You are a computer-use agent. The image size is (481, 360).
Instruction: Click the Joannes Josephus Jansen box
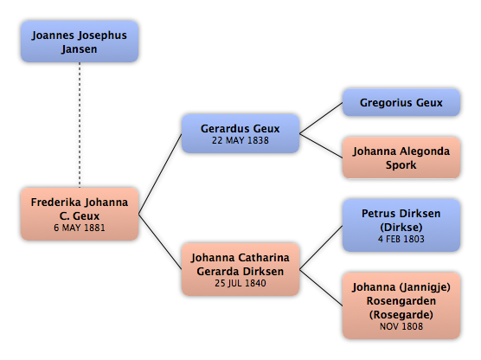click(x=80, y=42)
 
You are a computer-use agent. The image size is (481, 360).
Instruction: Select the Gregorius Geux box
click(x=401, y=102)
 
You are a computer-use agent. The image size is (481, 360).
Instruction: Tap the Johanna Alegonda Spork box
click(x=401, y=157)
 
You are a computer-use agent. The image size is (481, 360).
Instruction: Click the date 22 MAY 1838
click(x=240, y=140)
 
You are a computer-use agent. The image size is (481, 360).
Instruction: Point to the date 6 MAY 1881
click(x=80, y=228)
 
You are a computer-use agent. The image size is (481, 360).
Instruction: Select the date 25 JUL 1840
click(x=240, y=283)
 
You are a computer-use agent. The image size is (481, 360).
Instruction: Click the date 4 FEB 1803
click(x=401, y=239)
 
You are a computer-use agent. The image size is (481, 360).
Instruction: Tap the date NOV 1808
click(x=401, y=326)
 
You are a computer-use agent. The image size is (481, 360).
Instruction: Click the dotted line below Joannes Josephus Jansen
click(x=80, y=125)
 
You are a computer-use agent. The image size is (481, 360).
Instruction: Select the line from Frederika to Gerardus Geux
click(x=160, y=174)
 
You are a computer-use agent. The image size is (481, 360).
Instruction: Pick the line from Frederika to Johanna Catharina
click(x=160, y=241)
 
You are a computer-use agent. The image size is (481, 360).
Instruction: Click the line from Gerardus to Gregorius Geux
click(x=321, y=119)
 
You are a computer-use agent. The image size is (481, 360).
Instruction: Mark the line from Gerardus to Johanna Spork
click(x=321, y=145)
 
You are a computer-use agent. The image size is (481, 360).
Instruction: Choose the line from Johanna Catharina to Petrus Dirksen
click(x=321, y=247)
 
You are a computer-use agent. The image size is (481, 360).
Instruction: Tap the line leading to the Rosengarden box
click(x=321, y=288)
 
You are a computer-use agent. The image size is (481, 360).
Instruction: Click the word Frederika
click(x=56, y=202)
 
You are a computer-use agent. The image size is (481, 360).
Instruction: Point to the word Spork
click(x=401, y=165)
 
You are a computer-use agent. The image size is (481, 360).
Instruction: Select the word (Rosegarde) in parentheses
click(x=401, y=315)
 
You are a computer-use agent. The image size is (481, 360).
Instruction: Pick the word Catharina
click(x=264, y=258)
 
